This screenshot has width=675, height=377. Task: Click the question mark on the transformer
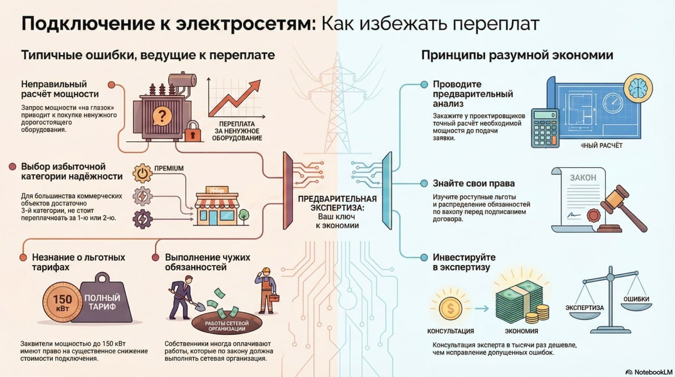coord(163,116)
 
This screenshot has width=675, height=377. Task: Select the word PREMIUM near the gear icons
coord(169,168)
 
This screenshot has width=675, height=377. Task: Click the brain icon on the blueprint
coord(637,87)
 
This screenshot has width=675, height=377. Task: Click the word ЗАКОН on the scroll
coord(584,177)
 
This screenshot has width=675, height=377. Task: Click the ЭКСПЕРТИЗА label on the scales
coord(585,308)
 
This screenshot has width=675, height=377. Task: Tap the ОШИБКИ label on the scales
coord(636,299)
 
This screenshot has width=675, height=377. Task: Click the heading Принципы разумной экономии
coord(517,56)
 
